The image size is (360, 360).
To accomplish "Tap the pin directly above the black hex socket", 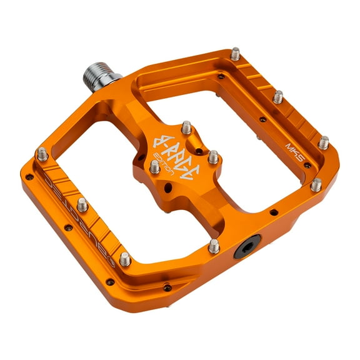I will [x=214, y=245].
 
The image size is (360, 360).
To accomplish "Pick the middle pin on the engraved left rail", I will [x=82, y=204].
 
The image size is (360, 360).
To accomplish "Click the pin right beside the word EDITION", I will [x=154, y=166].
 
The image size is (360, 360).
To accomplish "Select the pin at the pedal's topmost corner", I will [x=235, y=54].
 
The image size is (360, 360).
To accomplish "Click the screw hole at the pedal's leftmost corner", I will [x=29, y=177].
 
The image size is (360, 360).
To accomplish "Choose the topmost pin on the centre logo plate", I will [x=186, y=127].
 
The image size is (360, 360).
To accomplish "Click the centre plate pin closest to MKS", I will [x=213, y=156].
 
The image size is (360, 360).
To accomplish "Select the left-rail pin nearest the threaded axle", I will [x=42, y=153].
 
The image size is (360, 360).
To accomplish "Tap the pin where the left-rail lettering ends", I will [x=125, y=258].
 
